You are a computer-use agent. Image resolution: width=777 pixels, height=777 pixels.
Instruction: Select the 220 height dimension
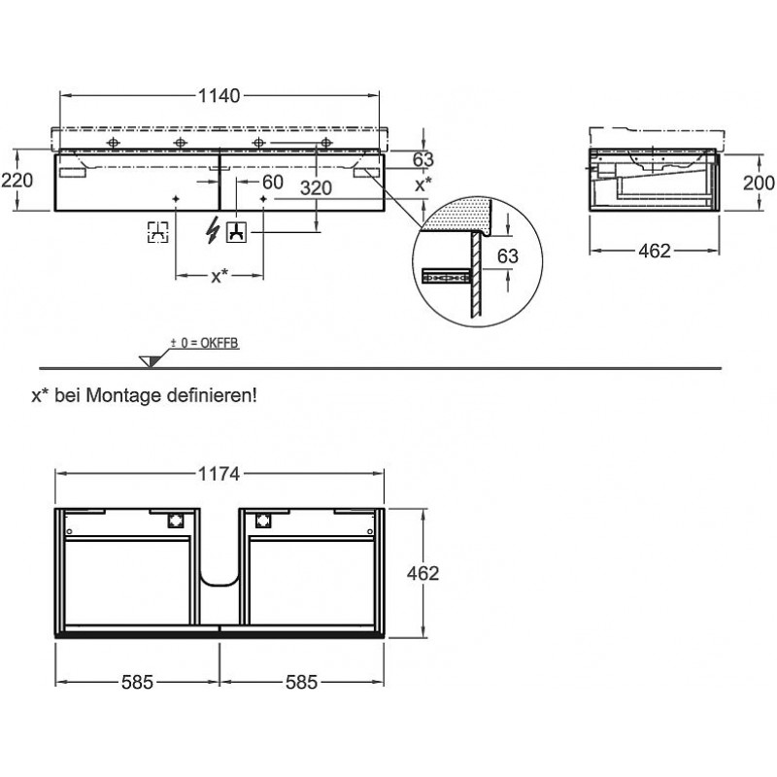click(x=18, y=180)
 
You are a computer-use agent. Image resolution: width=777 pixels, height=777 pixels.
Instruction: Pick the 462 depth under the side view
click(x=656, y=251)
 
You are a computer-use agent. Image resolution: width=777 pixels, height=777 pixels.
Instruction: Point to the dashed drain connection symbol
click(x=158, y=231)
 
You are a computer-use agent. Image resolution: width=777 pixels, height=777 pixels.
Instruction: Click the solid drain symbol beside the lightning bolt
click(x=236, y=231)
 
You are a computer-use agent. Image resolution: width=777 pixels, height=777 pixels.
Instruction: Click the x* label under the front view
click(x=220, y=277)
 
